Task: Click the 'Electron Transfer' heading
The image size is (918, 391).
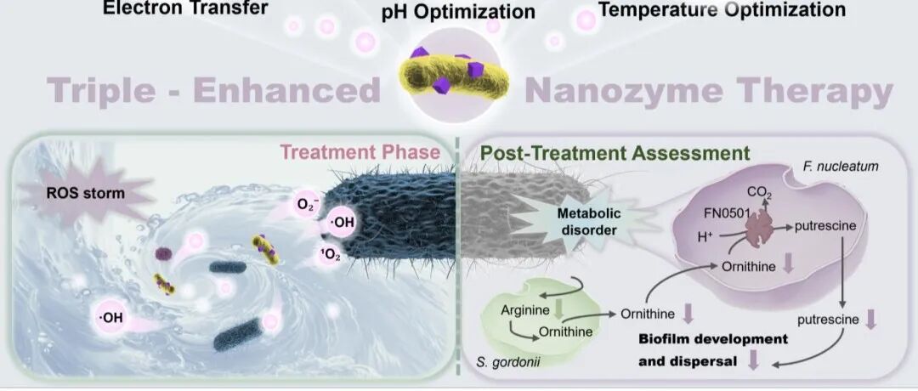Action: pyautogui.click(x=185, y=8)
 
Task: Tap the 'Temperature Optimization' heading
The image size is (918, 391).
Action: pyautogui.click(x=722, y=9)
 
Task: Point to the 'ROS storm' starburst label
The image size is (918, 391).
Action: pyautogui.click(x=85, y=192)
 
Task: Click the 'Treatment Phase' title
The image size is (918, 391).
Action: pyautogui.click(x=360, y=153)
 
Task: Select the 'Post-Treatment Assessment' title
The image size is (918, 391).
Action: pyautogui.click(x=615, y=154)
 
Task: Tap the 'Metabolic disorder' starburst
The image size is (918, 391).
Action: pyautogui.click(x=586, y=223)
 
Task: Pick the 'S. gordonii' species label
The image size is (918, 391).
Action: pyautogui.click(x=507, y=363)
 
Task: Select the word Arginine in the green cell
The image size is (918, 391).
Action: pyautogui.click(x=524, y=310)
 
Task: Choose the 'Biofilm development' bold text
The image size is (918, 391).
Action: pyautogui.click(x=713, y=339)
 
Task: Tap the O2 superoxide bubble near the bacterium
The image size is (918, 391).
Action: pyautogui.click(x=307, y=205)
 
